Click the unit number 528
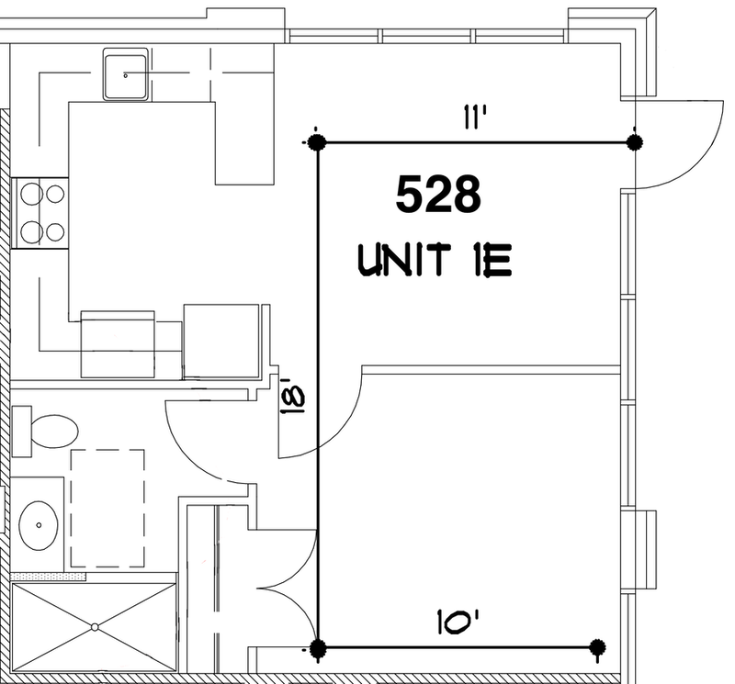click(438, 194)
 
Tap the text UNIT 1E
click(435, 261)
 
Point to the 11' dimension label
click(475, 117)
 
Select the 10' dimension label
click(458, 622)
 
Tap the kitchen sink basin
click(126, 74)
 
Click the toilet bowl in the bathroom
click(54, 432)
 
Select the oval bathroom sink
click(39, 525)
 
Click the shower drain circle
click(96, 627)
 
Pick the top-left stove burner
click(32, 194)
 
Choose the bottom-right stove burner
click(55, 231)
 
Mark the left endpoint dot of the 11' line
click(317, 141)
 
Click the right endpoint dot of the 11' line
click(635, 141)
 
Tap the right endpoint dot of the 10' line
click(596, 647)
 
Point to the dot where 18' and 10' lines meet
click(317, 648)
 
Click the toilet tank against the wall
click(21, 432)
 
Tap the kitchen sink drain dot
click(126, 75)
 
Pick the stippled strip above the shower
click(48, 577)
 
